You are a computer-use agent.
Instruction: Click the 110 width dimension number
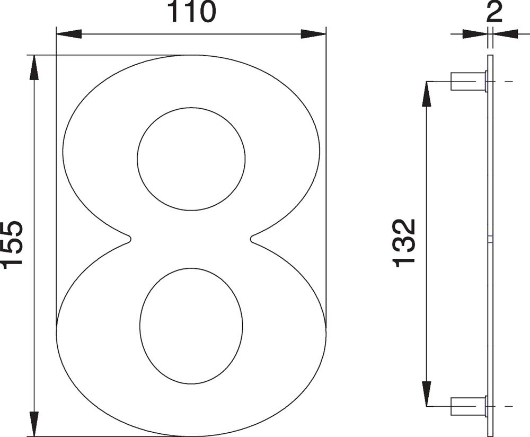192,12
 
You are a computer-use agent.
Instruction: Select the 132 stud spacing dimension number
404,243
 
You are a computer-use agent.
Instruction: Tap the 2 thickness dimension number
494,12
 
